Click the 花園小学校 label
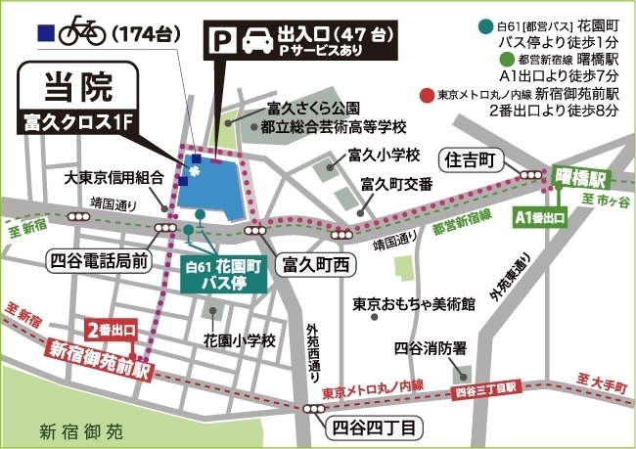click(240, 340)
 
